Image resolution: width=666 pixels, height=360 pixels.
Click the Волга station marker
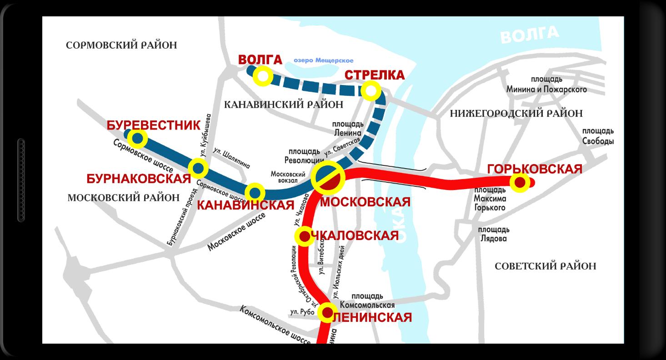pyautogui.click(x=263, y=76)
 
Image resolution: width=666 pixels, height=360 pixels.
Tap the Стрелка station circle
pyautogui.click(x=371, y=91)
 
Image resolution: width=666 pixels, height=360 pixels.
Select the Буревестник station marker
pyautogui.click(x=137, y=138)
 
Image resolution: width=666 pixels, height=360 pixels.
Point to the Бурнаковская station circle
pyautogui.click(x=198, y=169)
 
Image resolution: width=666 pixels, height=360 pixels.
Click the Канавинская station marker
pyautogui.click(x=255, y=192)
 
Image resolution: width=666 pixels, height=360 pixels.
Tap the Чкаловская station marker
pyautogui.click(x=305, y=236)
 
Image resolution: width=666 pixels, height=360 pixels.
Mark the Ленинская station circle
pyautogui.click(x=327, y=312)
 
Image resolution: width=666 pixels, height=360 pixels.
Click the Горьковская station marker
pyautogui.click(x=520, y=183)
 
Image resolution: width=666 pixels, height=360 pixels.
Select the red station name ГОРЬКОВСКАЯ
pyautogui.click(x=534, y=169)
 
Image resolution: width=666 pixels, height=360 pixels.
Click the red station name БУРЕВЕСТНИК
pyautogui.click(x=153, y=125)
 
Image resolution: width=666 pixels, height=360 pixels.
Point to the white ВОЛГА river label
pyautogui.click(x=529, y=35)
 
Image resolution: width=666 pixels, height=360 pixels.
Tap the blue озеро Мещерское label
pyautogui.click(x=323, y=60)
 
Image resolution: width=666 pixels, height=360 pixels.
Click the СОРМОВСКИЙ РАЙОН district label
pyautogui.click(x=121, y=45)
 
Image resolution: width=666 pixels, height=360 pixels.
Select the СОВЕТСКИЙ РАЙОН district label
pyautogui.click(x=545, y=266)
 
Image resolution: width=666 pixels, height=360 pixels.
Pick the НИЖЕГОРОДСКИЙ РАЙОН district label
pyautogui.click(x=516, y=114)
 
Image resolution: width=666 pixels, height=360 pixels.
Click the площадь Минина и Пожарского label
pyautogui.click(x=546, y=85)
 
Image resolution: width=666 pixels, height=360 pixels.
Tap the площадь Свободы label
pyautogui.click(x=598, y=136)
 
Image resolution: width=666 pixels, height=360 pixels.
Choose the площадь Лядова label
pyautogui.click(x=494, y=234)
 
